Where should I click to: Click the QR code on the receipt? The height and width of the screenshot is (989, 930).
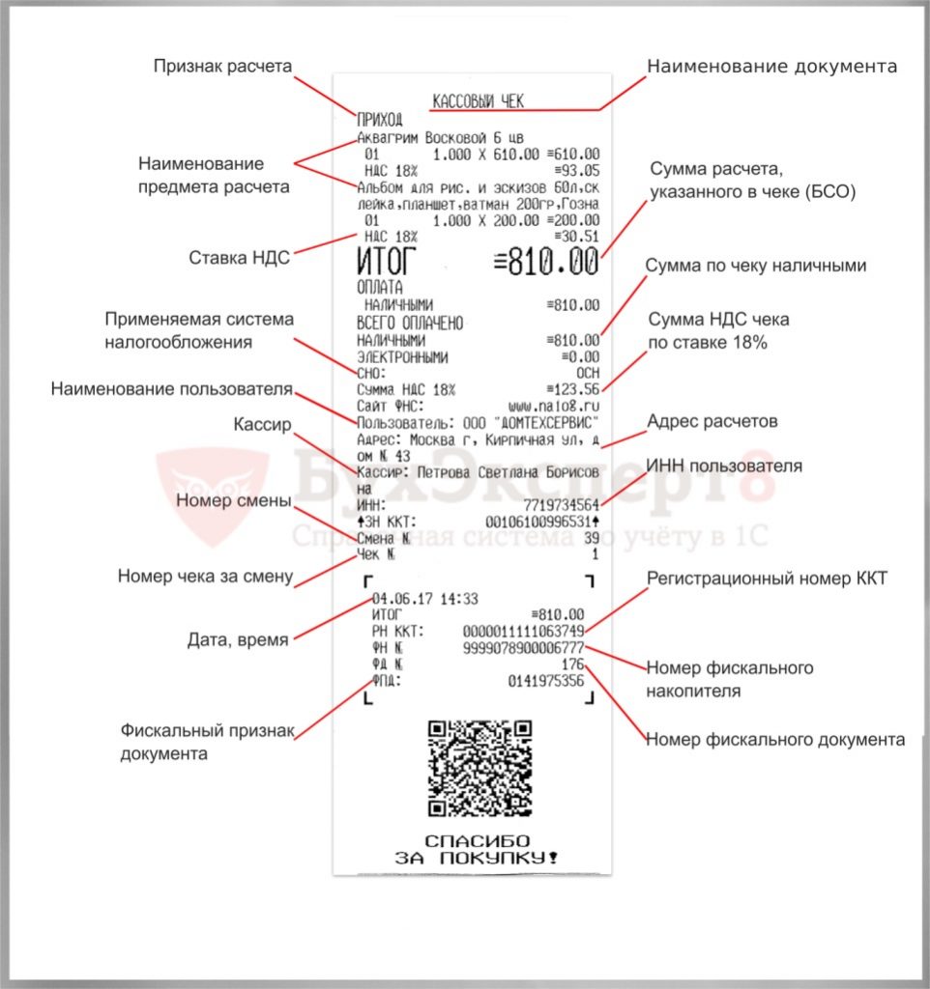(480, 767)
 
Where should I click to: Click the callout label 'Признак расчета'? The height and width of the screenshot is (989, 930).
(222, 67)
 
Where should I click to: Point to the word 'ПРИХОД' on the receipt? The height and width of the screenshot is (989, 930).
(380, 120)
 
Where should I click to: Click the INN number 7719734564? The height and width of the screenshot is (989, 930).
(560, 505)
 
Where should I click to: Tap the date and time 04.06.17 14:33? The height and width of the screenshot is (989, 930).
(424, 599)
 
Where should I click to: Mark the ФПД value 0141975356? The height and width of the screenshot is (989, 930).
(545, 682)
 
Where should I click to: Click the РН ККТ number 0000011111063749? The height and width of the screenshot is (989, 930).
(523, 632)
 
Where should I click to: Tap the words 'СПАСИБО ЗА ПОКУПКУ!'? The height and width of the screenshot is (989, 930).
(478, 850)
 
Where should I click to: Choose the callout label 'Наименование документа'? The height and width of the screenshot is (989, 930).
(771, 67)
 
